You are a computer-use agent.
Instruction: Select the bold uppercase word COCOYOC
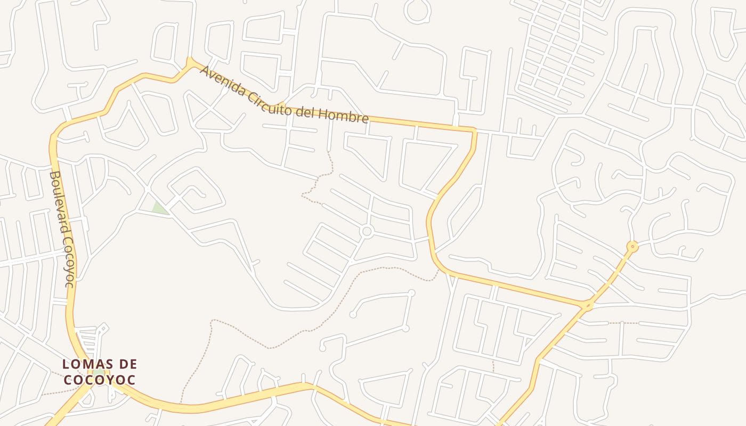100,380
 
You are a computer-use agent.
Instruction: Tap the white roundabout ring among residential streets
366,231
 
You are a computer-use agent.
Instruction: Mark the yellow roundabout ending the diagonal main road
633,246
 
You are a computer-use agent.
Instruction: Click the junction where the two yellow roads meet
588,305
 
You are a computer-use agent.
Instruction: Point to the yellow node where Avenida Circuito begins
190,63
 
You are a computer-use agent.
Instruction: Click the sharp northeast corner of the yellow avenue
474,130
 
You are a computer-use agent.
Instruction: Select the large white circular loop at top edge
417,11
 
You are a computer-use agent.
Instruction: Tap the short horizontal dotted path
623,323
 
